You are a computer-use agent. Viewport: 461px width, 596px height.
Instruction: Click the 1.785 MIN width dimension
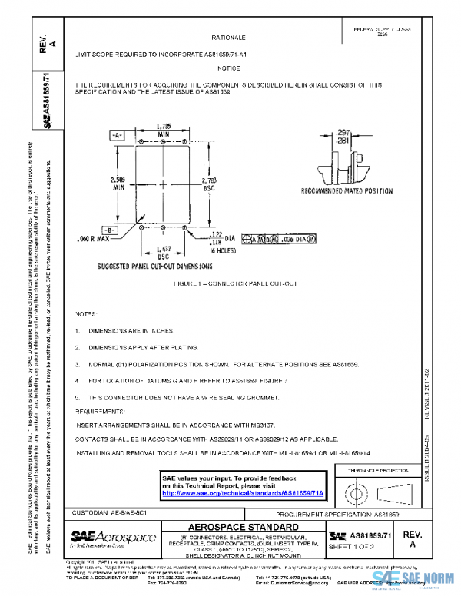pyautogui.click(x=163, y=128)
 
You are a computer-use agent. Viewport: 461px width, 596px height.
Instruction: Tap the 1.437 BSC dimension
pyautogui.click(x=163, y=253)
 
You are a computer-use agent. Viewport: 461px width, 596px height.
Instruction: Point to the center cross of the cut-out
pyautogui.click(x=163, y=184)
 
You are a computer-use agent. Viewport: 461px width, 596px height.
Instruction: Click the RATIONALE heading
pyautogui.click(x=228, y=37)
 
